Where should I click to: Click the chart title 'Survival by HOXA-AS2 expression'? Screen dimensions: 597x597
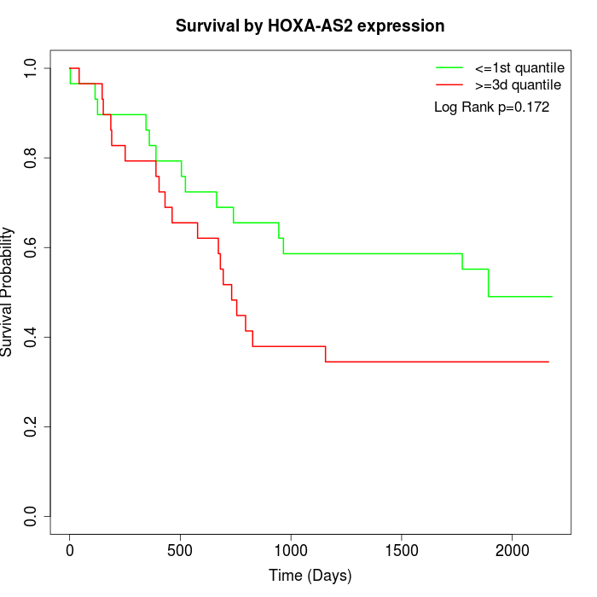coord(310,26)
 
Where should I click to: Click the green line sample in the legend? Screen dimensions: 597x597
coord(449,67)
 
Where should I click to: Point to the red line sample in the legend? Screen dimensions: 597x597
coord(449,85)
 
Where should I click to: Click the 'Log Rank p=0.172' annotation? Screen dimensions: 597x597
coord(492,107)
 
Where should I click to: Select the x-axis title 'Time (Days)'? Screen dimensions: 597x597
coord(310,576)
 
